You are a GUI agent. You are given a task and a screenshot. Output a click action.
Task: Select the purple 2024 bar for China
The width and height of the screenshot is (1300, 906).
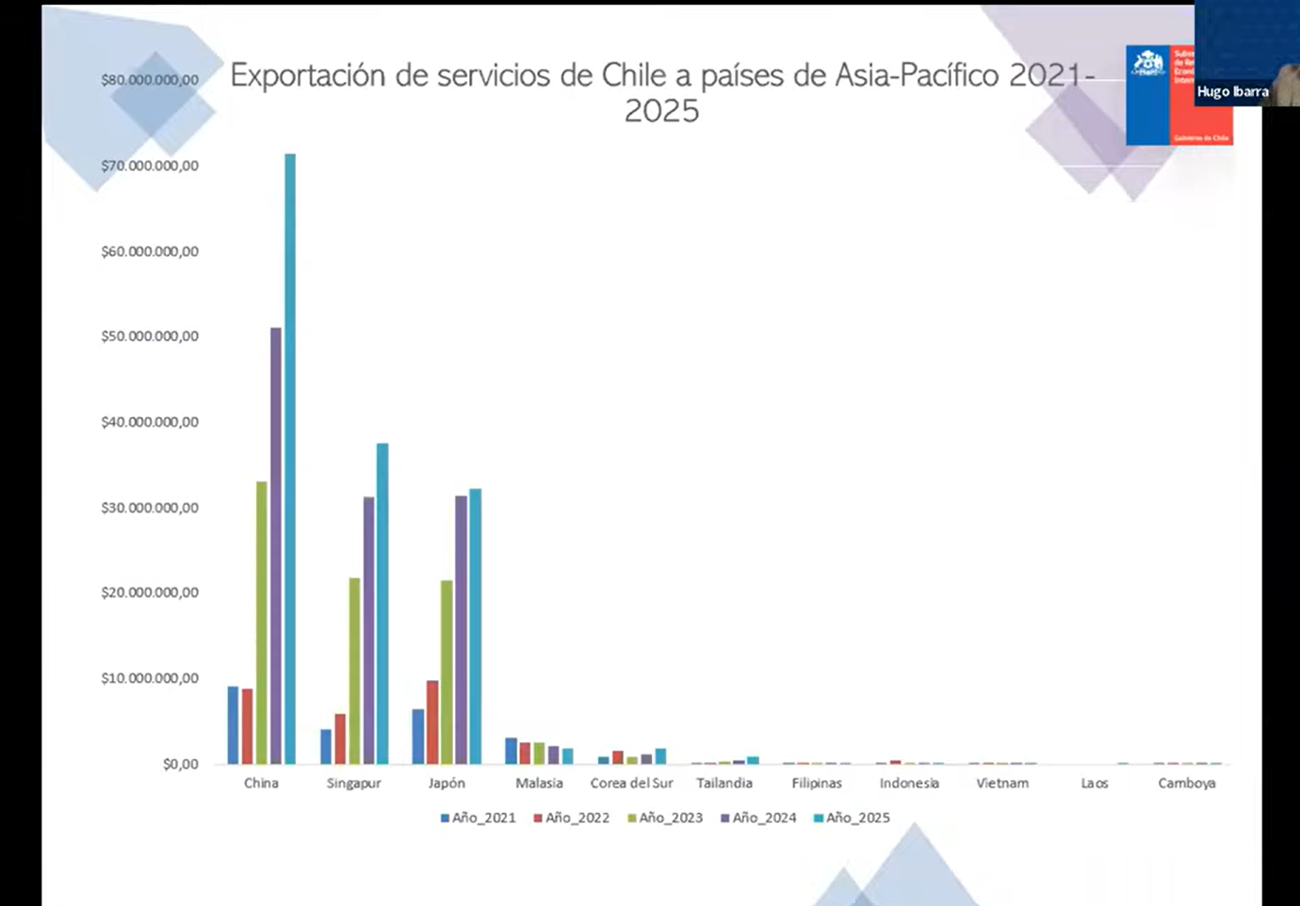(x=276, y=545)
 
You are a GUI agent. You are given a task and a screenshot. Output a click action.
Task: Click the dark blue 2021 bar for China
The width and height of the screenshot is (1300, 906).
(x=233, y=725)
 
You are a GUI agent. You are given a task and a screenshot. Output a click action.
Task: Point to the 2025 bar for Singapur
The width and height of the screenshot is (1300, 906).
(x=382, y=604)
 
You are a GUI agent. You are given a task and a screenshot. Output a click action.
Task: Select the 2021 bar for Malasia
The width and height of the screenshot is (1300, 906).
(x=511, y=751)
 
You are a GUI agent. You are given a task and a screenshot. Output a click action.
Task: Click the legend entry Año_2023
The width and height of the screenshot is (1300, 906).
(x=665, y=817)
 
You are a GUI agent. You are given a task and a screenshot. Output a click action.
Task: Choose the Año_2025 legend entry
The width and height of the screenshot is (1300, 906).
(x=852, y=817)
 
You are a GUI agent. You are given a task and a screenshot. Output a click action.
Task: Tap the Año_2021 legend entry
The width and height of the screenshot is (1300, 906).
(x=478, y=817)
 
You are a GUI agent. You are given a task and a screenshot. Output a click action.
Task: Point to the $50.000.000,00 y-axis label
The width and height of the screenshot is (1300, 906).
(x=150, y=336)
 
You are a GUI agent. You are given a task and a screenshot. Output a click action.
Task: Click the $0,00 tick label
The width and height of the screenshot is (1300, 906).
(x=180, y=764)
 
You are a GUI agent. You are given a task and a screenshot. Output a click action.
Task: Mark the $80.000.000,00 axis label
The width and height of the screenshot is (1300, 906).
(x=150, y=80)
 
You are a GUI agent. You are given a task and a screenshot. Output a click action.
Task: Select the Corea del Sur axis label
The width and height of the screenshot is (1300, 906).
(x=631, y=783)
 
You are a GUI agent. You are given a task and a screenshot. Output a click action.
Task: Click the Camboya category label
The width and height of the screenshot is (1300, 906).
(x=1187, y=783)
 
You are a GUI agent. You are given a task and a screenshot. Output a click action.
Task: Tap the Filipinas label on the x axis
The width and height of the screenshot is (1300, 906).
(x=817, y=783)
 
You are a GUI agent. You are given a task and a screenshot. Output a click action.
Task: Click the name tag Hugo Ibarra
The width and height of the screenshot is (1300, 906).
(x=1232, y=91)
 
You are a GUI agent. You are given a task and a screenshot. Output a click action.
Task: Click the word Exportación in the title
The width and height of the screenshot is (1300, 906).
(x=307, y=75)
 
